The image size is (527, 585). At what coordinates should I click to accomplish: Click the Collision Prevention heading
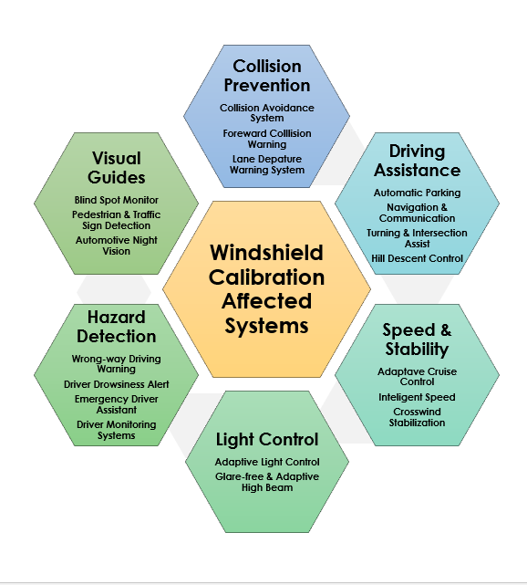coord(266,76)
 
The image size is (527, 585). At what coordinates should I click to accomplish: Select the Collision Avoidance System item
coord(266,112)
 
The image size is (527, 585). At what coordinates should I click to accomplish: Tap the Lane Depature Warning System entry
coord(266,163)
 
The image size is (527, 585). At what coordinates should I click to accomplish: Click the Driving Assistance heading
coord(416,160)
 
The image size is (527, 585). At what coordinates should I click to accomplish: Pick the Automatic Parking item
coord(417,193)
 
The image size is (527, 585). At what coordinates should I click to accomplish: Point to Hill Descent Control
coord(417,258)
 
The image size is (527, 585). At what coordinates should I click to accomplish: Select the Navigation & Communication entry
coord(417,213)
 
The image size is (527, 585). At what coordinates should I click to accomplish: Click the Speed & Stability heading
coord(416,340)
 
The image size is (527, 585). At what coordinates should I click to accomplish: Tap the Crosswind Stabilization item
coord(417,417)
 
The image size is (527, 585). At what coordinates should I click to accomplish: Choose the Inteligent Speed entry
coord(417,397)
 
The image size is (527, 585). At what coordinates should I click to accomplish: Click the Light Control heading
coord(266,439)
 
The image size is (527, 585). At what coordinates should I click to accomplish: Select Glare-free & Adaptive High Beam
coord(266,482)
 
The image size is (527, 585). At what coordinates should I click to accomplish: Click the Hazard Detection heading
coord(116,327)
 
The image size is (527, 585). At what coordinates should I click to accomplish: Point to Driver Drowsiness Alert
coord(116,384)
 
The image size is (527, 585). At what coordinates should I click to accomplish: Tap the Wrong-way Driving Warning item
coord(116,364)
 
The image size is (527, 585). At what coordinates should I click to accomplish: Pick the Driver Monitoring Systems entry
coord(116,430)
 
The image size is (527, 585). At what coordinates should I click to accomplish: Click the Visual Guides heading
coord(116,168)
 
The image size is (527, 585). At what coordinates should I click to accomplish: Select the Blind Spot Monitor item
coord(116,200)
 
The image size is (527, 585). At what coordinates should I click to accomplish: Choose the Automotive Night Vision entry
coord(116,245)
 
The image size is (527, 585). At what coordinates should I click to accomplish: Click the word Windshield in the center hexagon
coord(266,253)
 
